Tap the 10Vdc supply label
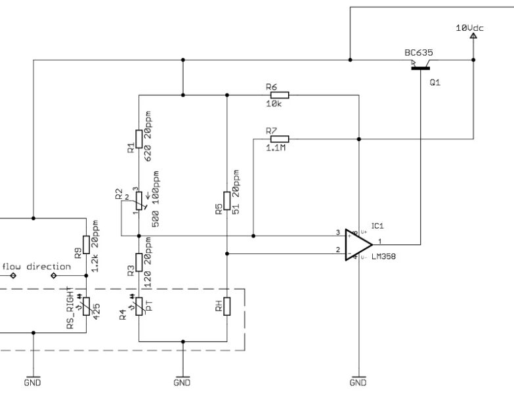click(x=471, y=28)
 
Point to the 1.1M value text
click(x=276, y=148)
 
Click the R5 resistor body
click(x=226, y=200)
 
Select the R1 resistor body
click(x=139, y=140)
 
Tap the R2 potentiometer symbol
click(x=139, y=200)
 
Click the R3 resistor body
click(x=139, y=261)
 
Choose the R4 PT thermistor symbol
click(x=139, y=307)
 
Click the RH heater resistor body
click(x=226, y=307)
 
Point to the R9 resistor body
click(x=86, y=244)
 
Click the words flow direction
click(x=36, y=267)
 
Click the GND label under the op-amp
click(x=358, y=382)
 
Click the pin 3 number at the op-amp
click(x=338, y=232)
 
